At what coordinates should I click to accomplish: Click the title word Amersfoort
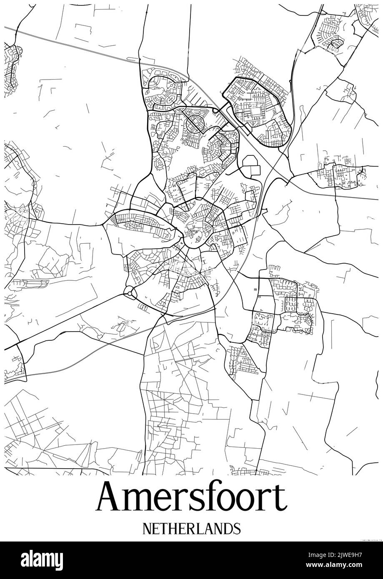coord(191,497)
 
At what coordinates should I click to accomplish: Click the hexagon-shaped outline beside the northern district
coord(251,165)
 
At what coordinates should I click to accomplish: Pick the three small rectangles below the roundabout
coord(143,308)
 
